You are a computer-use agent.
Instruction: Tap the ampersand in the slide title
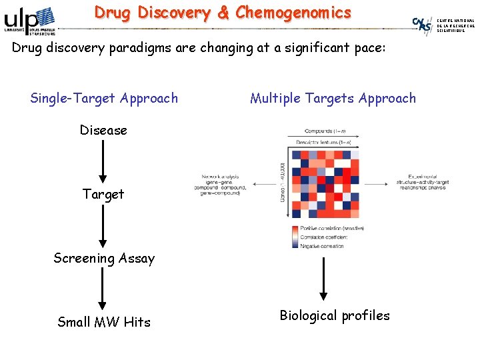(x=223, y=13)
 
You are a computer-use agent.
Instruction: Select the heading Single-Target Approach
(x=104, y=99)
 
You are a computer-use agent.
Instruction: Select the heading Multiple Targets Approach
(x=333, y=99)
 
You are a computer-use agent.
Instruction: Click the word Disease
(x=103, y=131)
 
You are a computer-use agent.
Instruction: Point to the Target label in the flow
(x=103, y=195)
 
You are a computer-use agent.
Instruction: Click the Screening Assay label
(x=104, y=259)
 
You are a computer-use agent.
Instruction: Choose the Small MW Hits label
(x=104, y=323)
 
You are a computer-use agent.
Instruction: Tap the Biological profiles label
(x=335, y=315)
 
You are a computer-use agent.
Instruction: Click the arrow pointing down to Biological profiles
(x=323, y=277)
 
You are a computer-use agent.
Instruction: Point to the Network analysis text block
(x=223, y=185)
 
